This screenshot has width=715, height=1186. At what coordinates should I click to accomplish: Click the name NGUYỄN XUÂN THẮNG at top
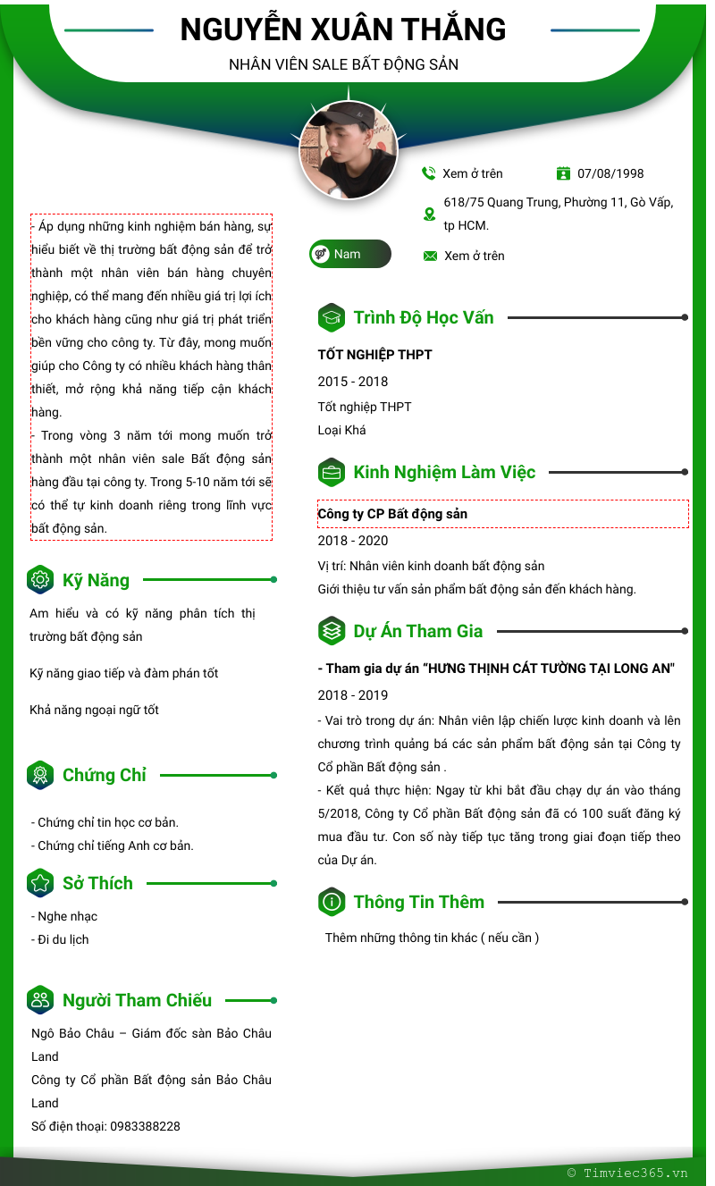click(343, 30)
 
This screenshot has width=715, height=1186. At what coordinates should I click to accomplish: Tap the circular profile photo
click(348, 149)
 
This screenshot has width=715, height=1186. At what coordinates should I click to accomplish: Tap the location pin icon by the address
click(429, 214)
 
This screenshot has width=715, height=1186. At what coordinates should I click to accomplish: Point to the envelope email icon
click(430, 257)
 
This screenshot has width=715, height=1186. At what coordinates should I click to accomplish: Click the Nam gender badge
click(349, 254)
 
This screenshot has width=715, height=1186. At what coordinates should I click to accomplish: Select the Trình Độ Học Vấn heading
click(423, 317)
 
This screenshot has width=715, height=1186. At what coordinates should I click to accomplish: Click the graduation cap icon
click(332, 317)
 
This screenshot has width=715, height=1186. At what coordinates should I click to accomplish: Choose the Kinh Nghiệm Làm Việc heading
click(444, 472)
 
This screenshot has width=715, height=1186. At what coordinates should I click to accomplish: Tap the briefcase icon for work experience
click(332, 472)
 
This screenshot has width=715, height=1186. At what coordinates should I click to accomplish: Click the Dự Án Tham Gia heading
click(417, 631)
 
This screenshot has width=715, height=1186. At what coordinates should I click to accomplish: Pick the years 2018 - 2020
click(353, 541)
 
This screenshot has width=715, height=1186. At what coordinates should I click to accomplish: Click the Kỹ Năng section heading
click(96, 580)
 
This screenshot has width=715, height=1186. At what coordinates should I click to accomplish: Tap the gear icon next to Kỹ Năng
click(40, 580)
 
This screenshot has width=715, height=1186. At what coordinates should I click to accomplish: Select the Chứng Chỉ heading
click(105, 775)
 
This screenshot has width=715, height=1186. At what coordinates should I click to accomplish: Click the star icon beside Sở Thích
click(40, 883)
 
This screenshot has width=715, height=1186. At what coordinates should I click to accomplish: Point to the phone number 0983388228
click(145, 1126)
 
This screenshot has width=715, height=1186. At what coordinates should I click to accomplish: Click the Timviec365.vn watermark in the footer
click(627, 1173)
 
